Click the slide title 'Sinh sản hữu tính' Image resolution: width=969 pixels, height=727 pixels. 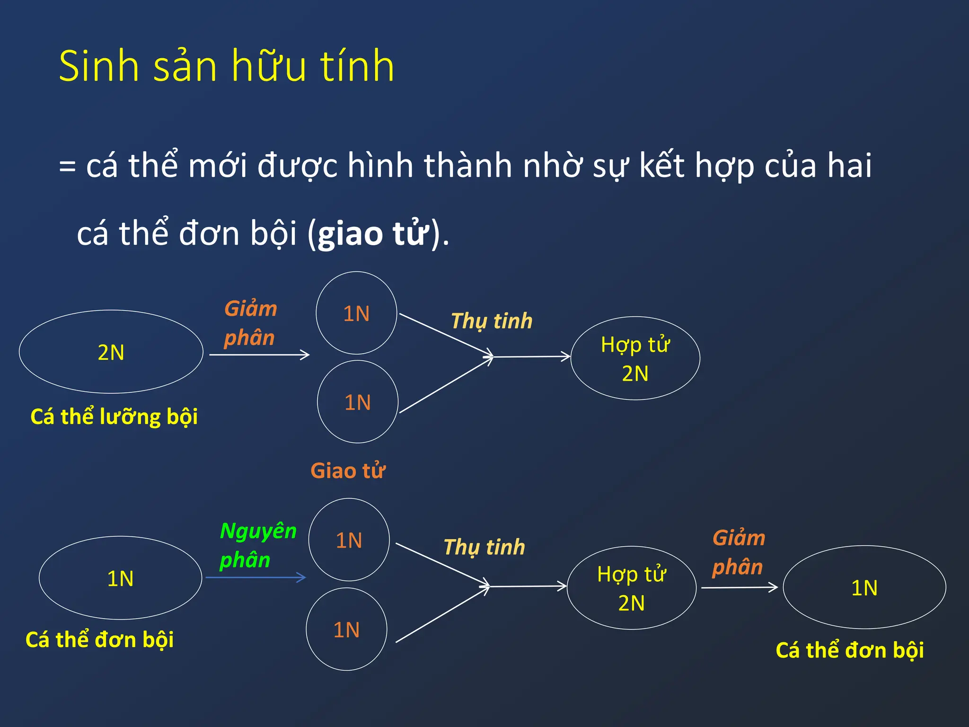(226, 66)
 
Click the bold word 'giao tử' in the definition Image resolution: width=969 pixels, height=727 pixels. (374, 234)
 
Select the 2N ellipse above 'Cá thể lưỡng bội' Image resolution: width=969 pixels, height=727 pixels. (111, 352)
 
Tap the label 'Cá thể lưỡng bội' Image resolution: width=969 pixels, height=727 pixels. (114, 417)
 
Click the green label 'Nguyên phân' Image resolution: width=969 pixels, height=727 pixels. (257, 545)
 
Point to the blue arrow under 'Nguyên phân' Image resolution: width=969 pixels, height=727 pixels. (256, 577)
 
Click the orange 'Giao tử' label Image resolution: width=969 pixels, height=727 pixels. (348, 471)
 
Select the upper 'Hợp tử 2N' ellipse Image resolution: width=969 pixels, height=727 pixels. (635, 358)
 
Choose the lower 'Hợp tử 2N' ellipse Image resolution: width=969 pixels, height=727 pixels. (631, 588)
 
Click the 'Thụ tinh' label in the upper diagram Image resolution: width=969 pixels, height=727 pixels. (492, 321)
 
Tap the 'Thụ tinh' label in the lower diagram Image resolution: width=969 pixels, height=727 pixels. (484, 547)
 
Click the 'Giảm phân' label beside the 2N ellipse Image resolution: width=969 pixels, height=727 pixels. (250, 323)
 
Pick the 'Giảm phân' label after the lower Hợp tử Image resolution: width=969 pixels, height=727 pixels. (739, 552)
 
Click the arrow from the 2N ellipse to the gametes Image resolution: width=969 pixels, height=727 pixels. (259, 355)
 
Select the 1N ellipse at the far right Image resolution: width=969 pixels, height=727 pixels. (864, 587)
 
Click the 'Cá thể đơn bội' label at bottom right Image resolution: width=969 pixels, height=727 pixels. (849, 650)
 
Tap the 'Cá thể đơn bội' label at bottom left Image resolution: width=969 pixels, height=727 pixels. (99, 639)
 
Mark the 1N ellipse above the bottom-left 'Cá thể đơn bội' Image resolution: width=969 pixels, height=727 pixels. (120, 578)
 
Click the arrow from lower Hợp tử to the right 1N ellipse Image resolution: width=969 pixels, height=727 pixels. (739, 587)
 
